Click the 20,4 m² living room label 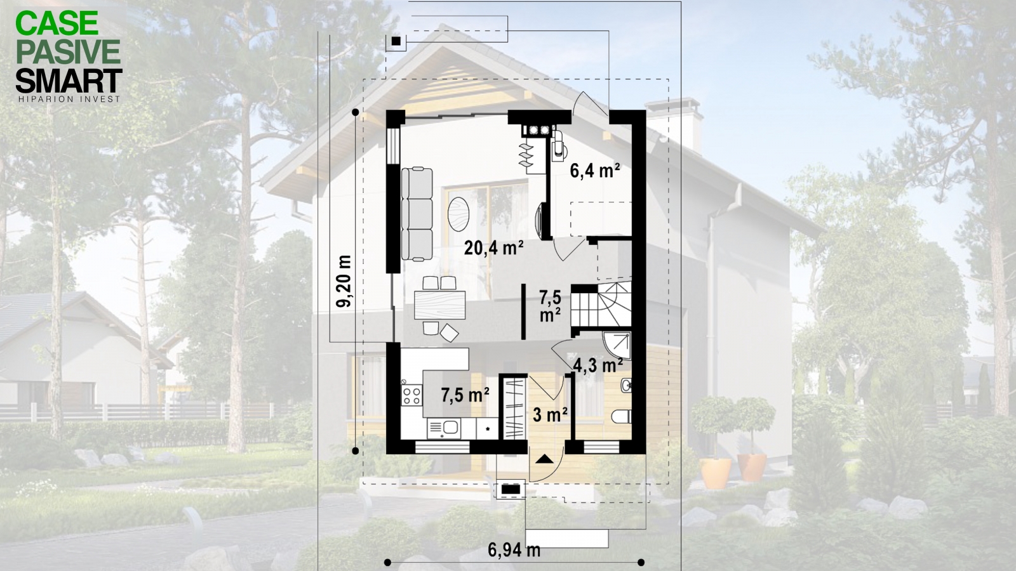point(494,248)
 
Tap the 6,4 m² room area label point(595,172)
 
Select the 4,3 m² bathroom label point(598,364)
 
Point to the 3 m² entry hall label point(551,414)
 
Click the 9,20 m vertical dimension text point(344,282)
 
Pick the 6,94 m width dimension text point(514,550)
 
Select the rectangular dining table point(440,305)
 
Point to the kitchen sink point(128,426)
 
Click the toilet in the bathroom point(622,416)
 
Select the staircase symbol point(601,304)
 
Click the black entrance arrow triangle point(545,459)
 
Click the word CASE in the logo point(57,23)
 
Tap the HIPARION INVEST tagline point(69,99)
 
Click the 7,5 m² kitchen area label point(465,395)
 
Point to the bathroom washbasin point(626,385)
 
